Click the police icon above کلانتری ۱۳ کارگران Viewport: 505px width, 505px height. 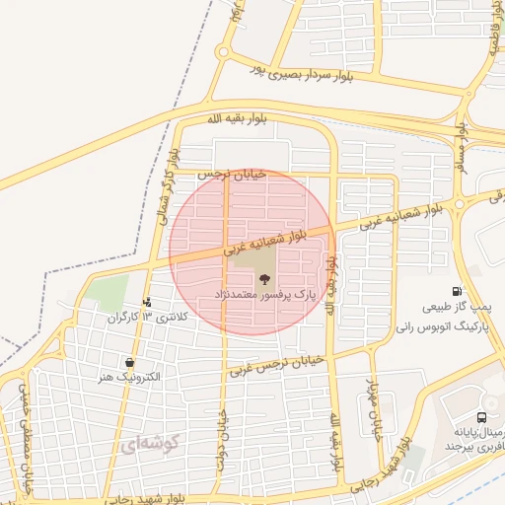point(147,303)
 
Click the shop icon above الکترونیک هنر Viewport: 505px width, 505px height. point(129,363)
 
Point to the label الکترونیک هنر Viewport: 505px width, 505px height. point(129,377)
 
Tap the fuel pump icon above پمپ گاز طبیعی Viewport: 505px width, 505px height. point(456,291)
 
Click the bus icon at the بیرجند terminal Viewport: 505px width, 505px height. point(480,417)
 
